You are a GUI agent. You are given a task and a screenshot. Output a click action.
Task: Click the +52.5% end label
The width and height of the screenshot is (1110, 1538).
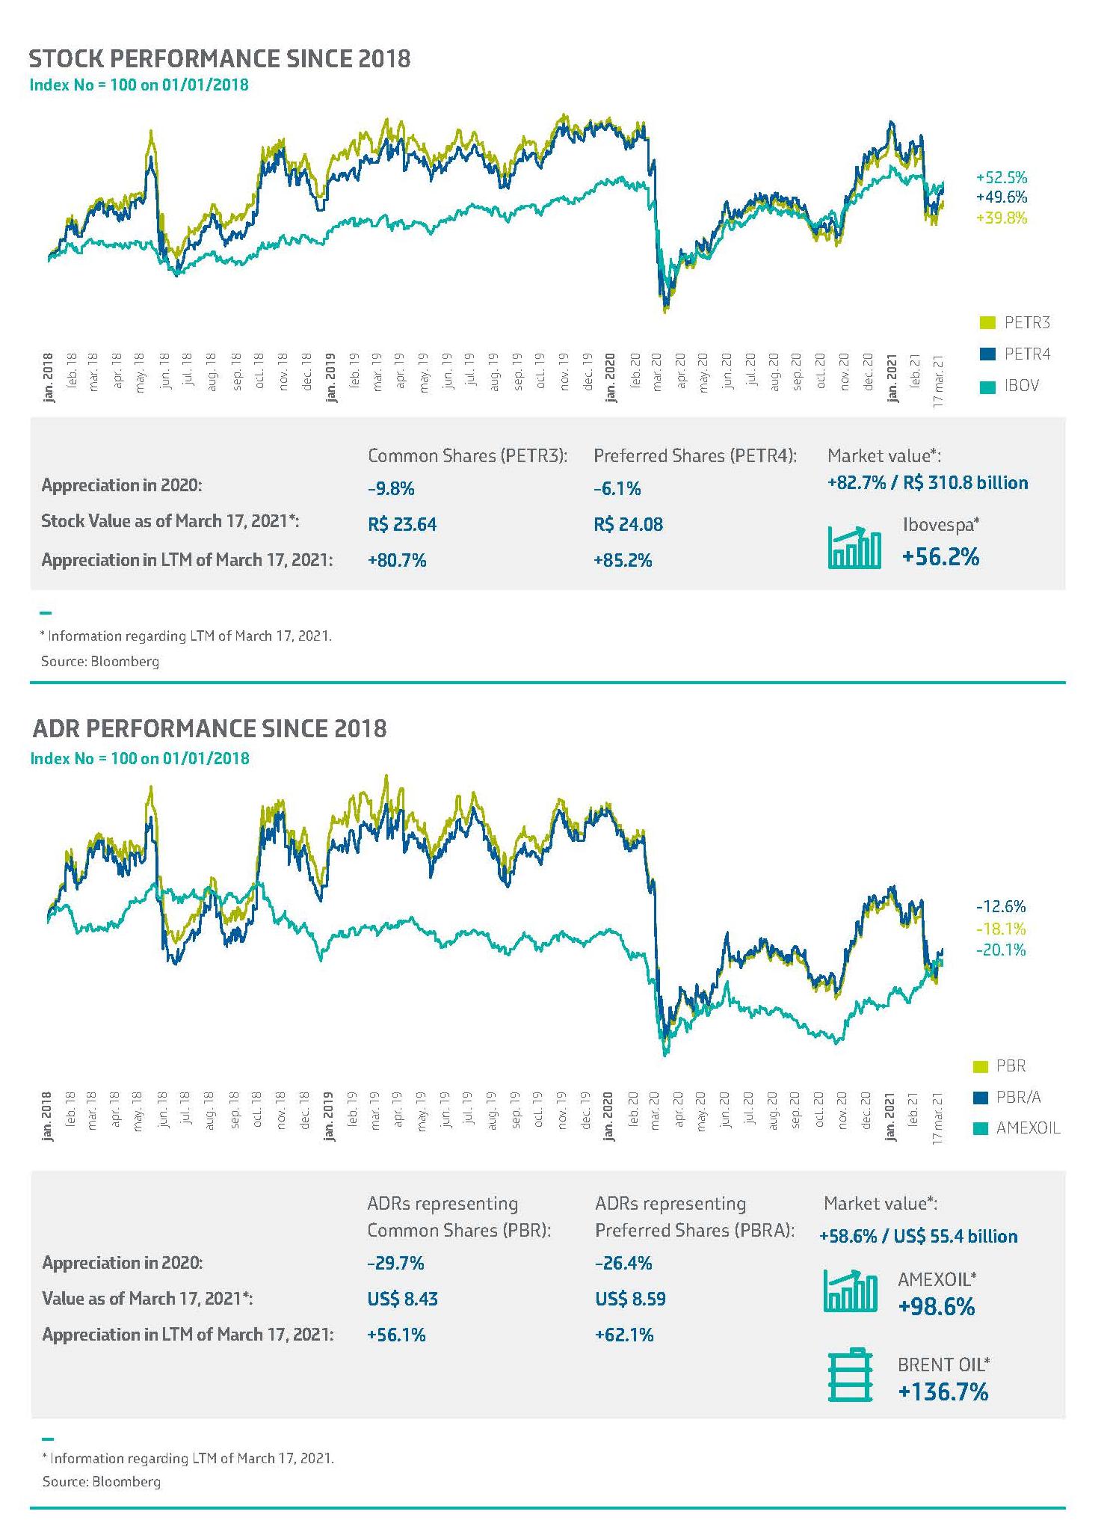point(1002,178)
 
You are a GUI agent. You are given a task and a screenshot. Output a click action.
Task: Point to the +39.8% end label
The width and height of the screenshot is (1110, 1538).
point(1002,218)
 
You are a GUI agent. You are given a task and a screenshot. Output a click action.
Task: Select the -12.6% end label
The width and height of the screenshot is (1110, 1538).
point(1001,907)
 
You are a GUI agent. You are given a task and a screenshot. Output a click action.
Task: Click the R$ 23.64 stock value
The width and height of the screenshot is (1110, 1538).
point(402,524)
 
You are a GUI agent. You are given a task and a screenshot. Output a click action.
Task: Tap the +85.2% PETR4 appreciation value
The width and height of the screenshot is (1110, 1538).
point(623,560)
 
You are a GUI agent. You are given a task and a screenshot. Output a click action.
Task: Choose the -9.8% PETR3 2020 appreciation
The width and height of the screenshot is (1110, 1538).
point(391,489)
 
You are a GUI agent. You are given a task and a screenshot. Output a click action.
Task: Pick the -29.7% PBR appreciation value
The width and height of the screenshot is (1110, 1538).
point(395,1263)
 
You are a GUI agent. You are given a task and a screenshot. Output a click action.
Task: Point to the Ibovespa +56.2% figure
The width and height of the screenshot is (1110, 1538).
point(940,557)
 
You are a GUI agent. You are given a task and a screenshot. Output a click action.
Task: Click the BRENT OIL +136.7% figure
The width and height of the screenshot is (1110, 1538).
point(943,1391)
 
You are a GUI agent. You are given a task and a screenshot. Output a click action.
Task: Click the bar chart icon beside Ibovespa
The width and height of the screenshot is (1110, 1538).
point(854,548)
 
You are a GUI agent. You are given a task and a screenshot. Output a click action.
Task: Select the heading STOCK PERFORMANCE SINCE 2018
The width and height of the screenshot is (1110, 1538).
point(220,59)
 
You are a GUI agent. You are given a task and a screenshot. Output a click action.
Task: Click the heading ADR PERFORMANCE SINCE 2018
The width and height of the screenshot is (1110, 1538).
point(209,729)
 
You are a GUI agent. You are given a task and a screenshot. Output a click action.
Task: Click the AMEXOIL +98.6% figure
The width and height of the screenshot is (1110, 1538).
point(937,1306)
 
